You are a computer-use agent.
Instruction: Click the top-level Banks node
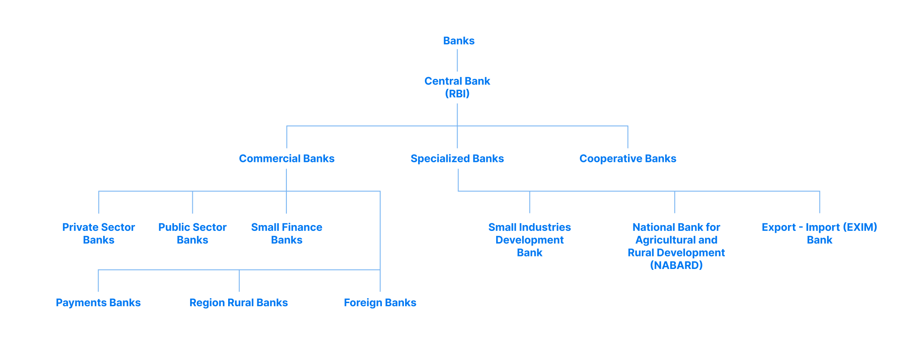coord(459,41)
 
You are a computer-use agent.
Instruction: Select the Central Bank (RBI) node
coord(457,87)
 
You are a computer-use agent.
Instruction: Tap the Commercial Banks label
coord(286,159)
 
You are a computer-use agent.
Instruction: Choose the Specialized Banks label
coord(457,159)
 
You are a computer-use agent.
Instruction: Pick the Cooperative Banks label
coord(628,159)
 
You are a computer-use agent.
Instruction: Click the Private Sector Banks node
coord(99,234)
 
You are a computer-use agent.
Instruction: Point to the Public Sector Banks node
coord(192,234)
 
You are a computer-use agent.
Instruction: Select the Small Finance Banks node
coord(286,234)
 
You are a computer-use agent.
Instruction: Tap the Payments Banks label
coord(98,303)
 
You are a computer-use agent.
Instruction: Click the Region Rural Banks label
coord(238,303)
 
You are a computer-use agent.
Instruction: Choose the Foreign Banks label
coord(380,303)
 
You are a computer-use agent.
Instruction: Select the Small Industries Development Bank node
coord(529,240)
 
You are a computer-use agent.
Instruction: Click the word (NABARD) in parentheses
coord(676,265)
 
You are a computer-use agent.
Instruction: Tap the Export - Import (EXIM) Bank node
coord(819,234)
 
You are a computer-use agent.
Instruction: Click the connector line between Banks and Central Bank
coord(457,61)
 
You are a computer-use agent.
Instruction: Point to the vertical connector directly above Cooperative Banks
coord(628,137)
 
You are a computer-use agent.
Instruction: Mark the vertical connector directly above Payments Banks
coord(98,281)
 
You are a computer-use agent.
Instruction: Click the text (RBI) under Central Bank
coord(457,94)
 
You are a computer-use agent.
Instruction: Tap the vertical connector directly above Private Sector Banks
coord(99,203)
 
